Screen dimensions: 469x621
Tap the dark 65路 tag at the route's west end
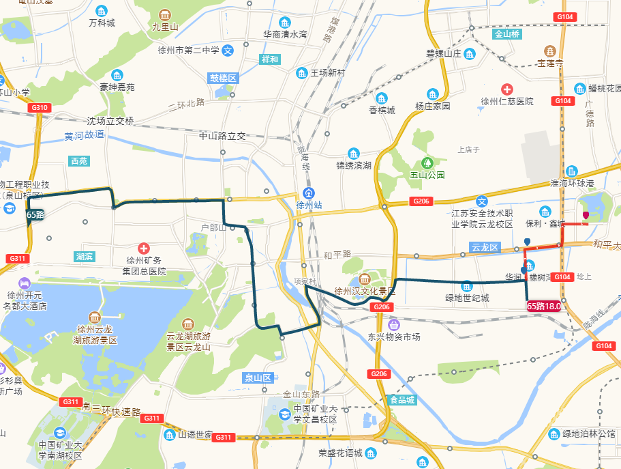point(35,214)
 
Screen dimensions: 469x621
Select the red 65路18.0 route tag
point(544,307)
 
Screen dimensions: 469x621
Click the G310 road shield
point(40,108)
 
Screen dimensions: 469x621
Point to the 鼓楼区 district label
point(223,79)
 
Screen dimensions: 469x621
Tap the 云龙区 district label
point(485,247)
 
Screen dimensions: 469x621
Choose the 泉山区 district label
point(258,378)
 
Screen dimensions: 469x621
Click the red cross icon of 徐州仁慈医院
point(506,89)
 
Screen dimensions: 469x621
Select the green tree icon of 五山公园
point(427,162)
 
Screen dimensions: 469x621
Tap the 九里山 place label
point(165,27)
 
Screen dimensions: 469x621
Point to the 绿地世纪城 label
point(467,298)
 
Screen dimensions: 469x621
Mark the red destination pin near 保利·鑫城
point(585,216)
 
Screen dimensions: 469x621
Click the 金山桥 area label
point(507,33)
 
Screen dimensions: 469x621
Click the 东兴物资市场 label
point(394,337)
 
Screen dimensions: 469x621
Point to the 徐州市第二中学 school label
point(188,50)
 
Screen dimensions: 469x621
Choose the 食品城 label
point(402,400)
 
